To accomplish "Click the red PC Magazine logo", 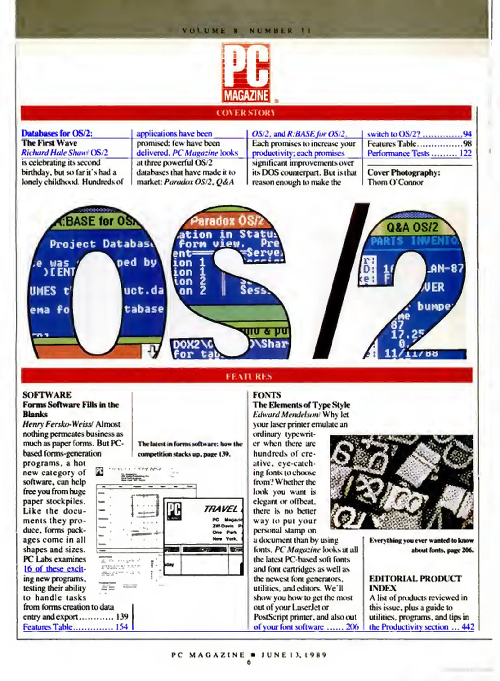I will (x=246, y=73).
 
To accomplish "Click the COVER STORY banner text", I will (x=246, y=113).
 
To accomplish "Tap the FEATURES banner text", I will (x=249, y=376).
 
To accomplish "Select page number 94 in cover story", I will (x=467, y=134).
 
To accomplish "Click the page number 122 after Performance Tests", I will (x=465, y=154).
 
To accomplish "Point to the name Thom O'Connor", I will (x=395, y=182).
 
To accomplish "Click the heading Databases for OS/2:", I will (x=57, y=133).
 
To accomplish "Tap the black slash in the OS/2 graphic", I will (x=341, y=281).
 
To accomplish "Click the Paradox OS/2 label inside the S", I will (x=226, y=221).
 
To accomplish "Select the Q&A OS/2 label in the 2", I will (x=412, y=227).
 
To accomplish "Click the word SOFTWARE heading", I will (x=47, y=395).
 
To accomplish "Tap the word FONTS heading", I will (x=267, y=395).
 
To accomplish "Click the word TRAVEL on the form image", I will (x=221, y=509).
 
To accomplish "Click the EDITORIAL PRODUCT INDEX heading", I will (x=415, y=583).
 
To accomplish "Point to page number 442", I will (x=468, y=627).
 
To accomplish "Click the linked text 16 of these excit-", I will (x=54, y=569).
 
